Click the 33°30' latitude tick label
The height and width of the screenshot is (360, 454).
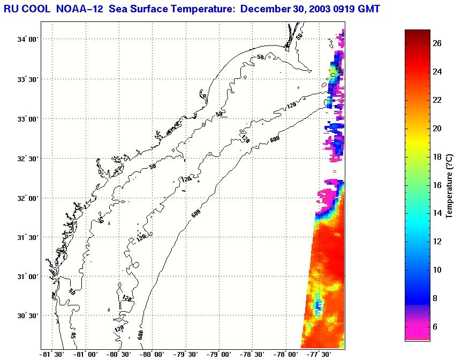point(27,79)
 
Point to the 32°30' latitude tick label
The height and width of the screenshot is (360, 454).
point(27,158)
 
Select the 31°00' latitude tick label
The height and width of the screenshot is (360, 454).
point(27,276)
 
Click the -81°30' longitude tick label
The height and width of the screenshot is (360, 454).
point(52,354)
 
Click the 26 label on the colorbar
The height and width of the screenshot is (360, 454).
point(437,44)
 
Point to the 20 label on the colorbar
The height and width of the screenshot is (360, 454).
point(437,129)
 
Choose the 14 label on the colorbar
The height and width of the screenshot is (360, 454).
point(437,213)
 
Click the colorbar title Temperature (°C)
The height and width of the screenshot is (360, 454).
point(449,184)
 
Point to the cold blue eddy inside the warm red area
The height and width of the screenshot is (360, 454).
point(318,306)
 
